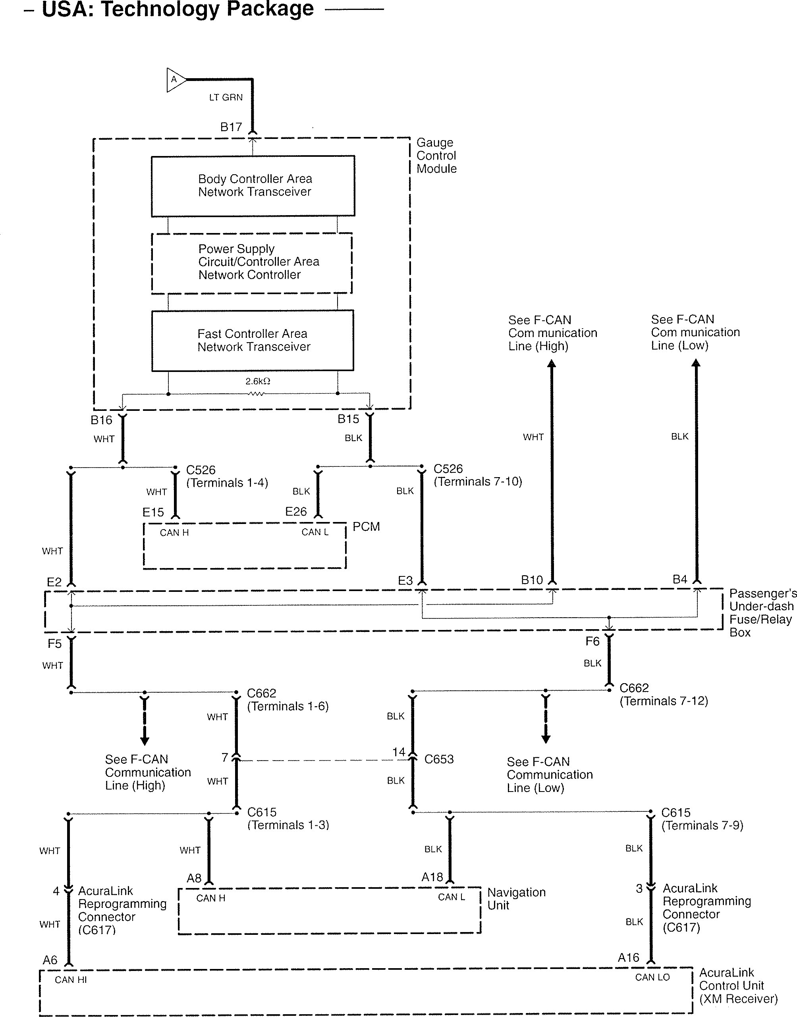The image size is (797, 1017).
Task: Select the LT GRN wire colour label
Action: click(x=226, y=98)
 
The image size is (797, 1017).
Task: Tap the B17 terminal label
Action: click(x=231, y=127)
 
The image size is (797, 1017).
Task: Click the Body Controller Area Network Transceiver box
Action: click(x=253, y=186)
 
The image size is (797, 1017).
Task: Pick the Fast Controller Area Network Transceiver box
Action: click(x=253, y=341)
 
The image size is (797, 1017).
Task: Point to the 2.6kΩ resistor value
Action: click(x=258, y=381)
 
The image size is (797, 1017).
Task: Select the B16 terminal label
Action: click(x=101, y=420)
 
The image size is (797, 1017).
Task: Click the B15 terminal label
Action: click(x=348, y=419)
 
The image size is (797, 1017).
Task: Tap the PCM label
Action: click(x=366, y=527)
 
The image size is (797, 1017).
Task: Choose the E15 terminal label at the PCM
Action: click(x=153, y=512)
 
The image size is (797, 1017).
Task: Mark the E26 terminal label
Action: click(x=296, y=511)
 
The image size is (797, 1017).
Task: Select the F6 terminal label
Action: click(x=592, y=641)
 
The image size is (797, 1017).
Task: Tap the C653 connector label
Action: click(x=439, y=759)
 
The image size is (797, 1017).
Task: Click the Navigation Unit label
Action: click(x=516, y=898)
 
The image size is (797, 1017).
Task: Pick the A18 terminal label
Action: click(x=432, y=877)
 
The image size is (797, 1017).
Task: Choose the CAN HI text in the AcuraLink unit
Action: click(x=71, y=980)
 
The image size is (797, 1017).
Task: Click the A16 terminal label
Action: click(x=628, y=958)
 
